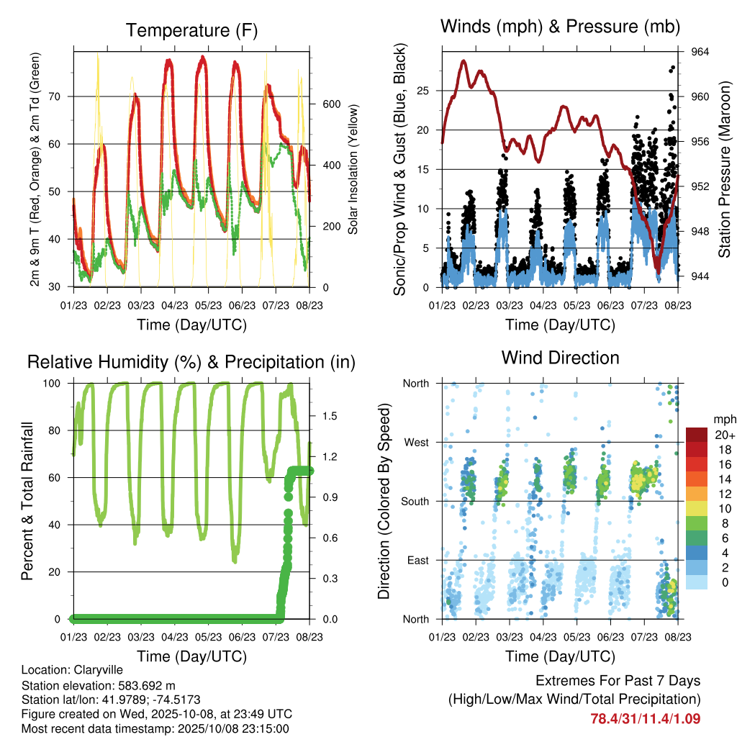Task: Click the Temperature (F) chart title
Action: pyautogui.click(x=191, y=31)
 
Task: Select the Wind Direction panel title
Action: pyautogui.click(x=560, y=358)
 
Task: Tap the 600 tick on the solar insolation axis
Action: pyautogui.click(x=330, y=104)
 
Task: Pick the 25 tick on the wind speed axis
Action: pyautogui.click(x=424, y=91)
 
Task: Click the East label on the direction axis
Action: pyautogui.click(x=417, y=560)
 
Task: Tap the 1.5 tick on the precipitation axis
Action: pyautogui.click(x=330, y=416)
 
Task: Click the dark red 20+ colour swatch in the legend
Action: pyautogui.click(x=697, y=435)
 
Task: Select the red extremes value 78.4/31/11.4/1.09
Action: pyautogui.click(x=645, y=718)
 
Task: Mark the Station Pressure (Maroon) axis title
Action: pyautogui.click(x=725, y=169)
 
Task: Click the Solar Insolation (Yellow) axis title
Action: pyautogui.click(x=353, y=169)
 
